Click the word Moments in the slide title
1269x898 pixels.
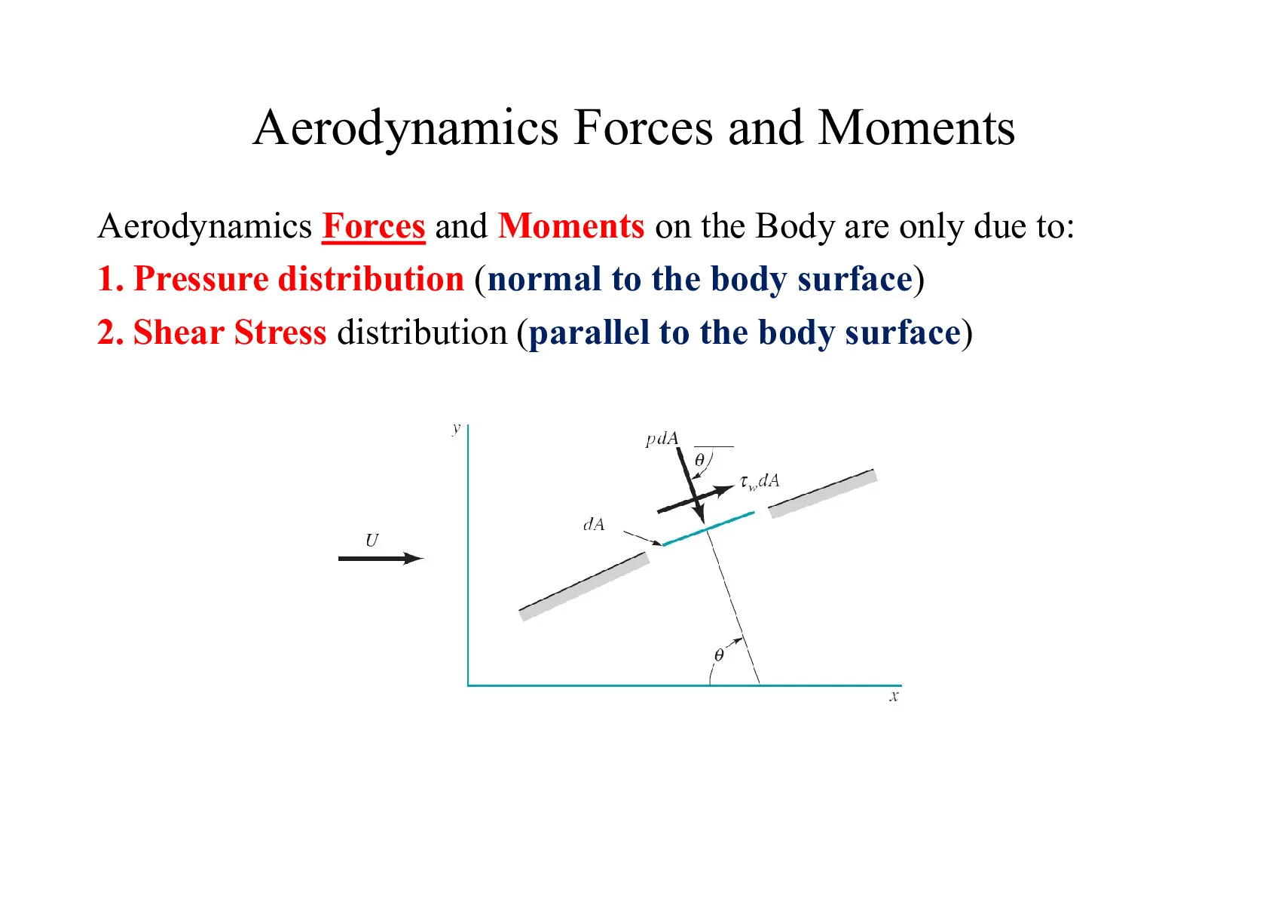point(916,128)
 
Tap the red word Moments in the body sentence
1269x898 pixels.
point(571,226)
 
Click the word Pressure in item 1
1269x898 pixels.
point(201,279)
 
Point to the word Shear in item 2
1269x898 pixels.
point(179,333)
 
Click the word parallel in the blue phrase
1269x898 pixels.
point(589,333)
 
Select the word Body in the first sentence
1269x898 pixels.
point(795,226)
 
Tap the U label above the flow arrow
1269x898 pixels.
point(372,541)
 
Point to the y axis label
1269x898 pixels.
point(456,428)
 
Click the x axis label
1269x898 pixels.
point(894,696)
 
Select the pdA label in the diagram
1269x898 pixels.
point(662,440)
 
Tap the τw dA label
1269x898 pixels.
point(760,481)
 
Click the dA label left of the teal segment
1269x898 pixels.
point(594,525)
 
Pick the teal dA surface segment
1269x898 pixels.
point(708,529)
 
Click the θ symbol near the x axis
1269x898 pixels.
point(719,655)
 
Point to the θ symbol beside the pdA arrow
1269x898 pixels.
point(699,460)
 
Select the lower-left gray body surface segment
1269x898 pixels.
point(584,587)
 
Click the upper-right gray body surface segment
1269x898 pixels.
point(823,493)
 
